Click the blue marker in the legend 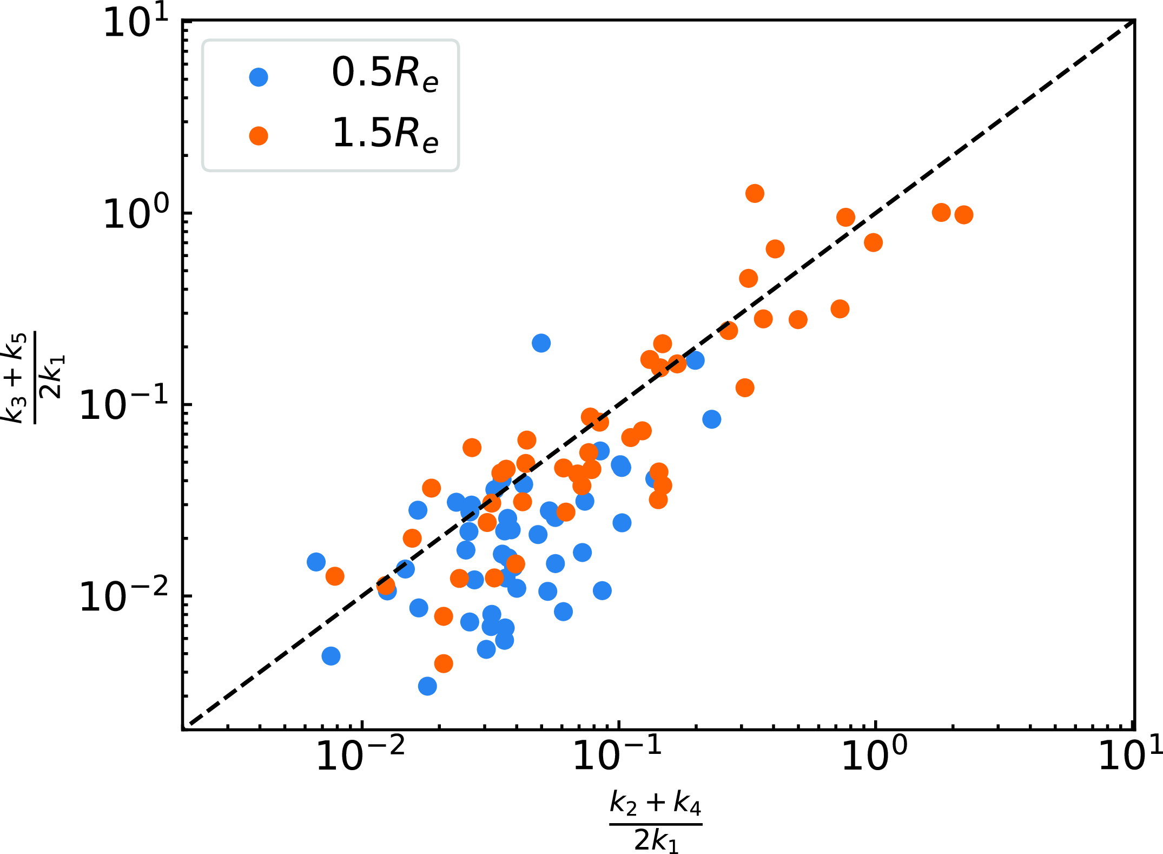[x=259, y=77]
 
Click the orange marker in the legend [x=259, y=136]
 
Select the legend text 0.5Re [x=385, y=74]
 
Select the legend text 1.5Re [x=385, y=134]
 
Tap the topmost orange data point [x=755, y=193]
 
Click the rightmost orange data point [x=963, y=215]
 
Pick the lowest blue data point [x=427, y=686]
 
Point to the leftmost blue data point [x=316, y=562]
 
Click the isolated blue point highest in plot [x=541, y=343]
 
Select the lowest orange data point [x=444, y=664]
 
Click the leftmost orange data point [x=335, y=576]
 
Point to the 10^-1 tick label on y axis [x=124, y=405]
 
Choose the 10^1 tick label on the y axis [x=135, y=23]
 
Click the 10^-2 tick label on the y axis [x=124, y=597]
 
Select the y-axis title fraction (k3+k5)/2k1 [x=35, y=377]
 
